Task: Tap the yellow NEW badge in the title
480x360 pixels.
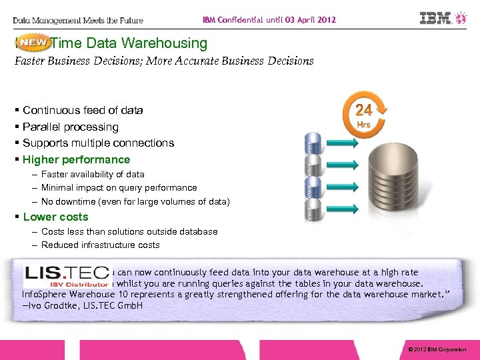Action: coord(33,43)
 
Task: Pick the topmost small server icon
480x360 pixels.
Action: coord(313,141)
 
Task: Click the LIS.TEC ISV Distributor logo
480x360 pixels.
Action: coord(66,276)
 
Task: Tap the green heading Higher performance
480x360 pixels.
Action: coord(77,159)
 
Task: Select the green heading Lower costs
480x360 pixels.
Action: coord(55,217)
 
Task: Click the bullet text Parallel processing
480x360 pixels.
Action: coord(70,127)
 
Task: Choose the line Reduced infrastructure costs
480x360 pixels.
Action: coord(101,245)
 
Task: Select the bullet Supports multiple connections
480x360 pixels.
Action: coord(98,143)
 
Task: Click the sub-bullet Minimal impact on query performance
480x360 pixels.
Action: coord(119,188)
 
